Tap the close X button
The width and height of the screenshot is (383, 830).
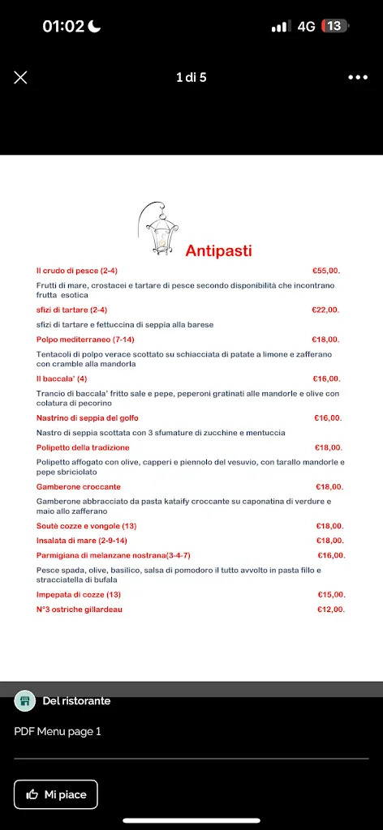point(21,77)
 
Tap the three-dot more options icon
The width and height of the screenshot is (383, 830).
point(358,77)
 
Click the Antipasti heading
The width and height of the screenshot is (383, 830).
point(218,250)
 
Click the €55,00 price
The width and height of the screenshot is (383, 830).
point(326,271)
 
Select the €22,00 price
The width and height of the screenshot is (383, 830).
point(325,310)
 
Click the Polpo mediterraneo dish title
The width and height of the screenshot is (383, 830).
point(85,340)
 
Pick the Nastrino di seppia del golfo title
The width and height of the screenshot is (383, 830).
point(88,418)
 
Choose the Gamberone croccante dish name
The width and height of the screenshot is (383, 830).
point(79,487)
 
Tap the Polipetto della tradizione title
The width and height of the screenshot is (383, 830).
point(83,447)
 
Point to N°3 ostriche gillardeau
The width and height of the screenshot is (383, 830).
point(80,610)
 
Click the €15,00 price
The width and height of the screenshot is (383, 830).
point(331,594)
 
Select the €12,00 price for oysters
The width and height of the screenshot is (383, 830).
point(330,610)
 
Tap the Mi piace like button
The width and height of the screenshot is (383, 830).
point(56,794)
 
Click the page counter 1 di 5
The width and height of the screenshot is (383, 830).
point(191,78)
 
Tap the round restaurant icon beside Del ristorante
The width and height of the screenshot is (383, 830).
point(25,701)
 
